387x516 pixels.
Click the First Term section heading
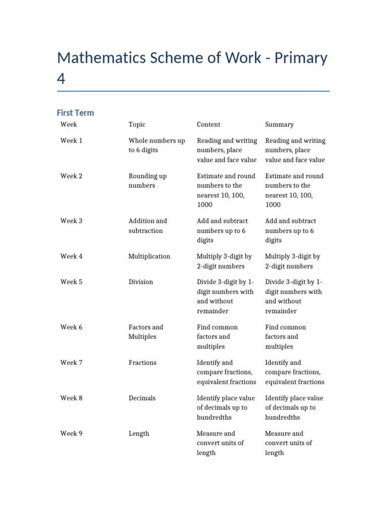coord(75,113)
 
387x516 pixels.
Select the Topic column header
coord(137,124)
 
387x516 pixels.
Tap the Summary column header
coord(279,124)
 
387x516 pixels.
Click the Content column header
coord(208,124)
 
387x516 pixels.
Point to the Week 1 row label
coord(72,141)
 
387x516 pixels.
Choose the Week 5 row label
coord(72,282)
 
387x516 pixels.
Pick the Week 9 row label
coord(72,433)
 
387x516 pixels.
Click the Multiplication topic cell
coord(149,256)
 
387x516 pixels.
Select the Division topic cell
coord(141,282)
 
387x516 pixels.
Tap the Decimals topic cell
coord(142,398)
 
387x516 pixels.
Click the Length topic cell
coord(139,433)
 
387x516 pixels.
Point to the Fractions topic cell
coord(142,363)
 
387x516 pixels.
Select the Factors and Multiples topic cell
coord(146,332)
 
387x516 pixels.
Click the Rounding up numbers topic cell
coord(147,181)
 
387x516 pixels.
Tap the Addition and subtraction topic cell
coord(148,226)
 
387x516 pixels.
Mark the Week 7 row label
coord(72,363)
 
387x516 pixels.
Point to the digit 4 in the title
coord(61,79)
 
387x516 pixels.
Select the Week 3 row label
coord(72,221)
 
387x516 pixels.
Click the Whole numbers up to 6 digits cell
coord(156,145)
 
